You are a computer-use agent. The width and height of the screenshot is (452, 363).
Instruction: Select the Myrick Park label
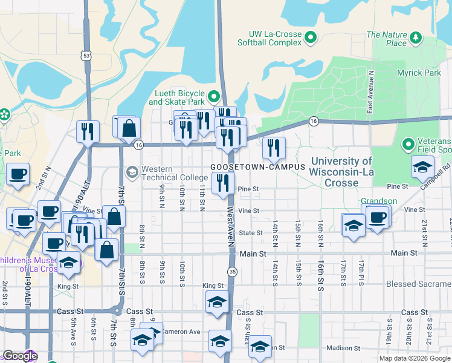(419, 73)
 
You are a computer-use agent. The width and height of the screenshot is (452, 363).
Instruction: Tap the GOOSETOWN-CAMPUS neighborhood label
(251, 166)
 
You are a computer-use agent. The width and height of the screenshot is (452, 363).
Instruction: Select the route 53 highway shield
(88, 56)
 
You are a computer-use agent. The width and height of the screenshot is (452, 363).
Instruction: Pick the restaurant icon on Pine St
(224, 183)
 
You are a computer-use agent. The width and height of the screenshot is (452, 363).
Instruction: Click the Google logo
(19, 356)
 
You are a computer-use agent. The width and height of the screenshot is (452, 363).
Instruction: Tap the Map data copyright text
(414, 358)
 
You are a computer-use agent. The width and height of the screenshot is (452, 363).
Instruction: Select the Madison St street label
(343, 348)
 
